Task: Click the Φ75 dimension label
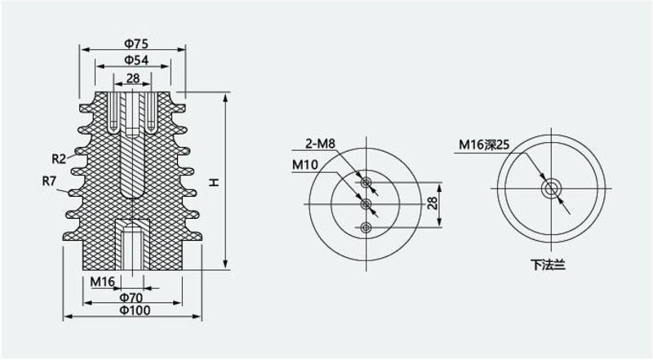[136, 43]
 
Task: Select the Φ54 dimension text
[136, 60]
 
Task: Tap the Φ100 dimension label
[135, 310]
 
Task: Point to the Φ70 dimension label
[131, 297]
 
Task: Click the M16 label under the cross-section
[102, 282]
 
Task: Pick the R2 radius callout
[59, 158]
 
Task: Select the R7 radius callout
[49, 181]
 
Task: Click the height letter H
[214, 182]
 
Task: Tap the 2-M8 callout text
[320, 144]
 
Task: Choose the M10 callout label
[305, 165]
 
